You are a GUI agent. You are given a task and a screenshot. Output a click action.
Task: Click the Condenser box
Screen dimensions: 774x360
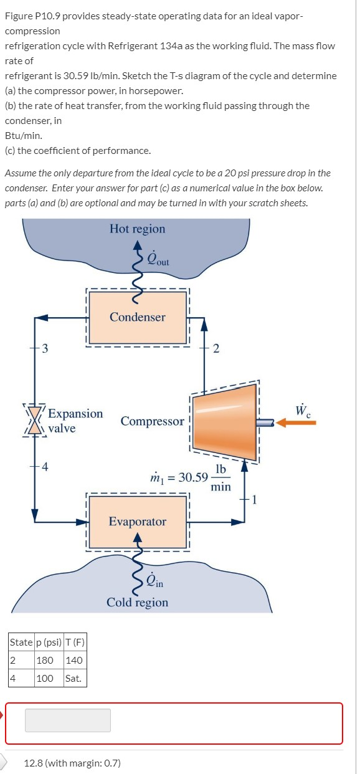click(x=138, y=317)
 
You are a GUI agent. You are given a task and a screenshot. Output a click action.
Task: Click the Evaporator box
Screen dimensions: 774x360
click(x=138, y=521)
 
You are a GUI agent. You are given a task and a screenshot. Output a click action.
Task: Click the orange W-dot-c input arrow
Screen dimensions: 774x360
click(x=296, y=423)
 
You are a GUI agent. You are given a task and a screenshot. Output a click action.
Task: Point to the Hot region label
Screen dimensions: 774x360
click(x=138, y=229)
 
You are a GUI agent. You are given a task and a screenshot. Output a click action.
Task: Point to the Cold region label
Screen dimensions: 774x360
click(x=138, y=603)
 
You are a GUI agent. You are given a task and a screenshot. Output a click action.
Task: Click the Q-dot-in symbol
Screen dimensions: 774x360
click(x=155, y=583)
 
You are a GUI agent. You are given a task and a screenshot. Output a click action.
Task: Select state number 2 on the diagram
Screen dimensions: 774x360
click(x=216, y=348)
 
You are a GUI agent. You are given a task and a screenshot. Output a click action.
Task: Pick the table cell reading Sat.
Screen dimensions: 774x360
click(x=73, y=678)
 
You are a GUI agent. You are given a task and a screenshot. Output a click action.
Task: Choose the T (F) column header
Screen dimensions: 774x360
click(x=74, y=643)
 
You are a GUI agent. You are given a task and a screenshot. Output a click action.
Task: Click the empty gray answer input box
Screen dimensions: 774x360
click(x=68, y=720)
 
